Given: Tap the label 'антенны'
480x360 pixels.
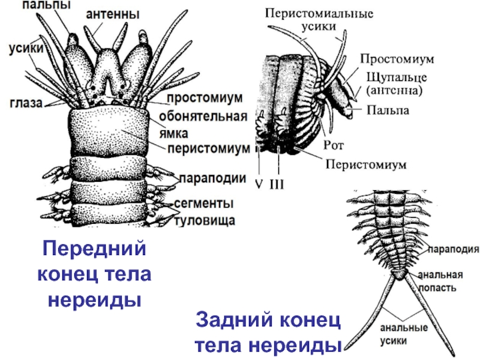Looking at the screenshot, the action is (113, 13).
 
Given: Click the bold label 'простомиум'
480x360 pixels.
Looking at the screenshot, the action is (204, 97).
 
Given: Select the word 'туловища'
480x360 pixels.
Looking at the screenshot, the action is (205, 220).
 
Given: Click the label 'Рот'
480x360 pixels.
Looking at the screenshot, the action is (333, 145).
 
